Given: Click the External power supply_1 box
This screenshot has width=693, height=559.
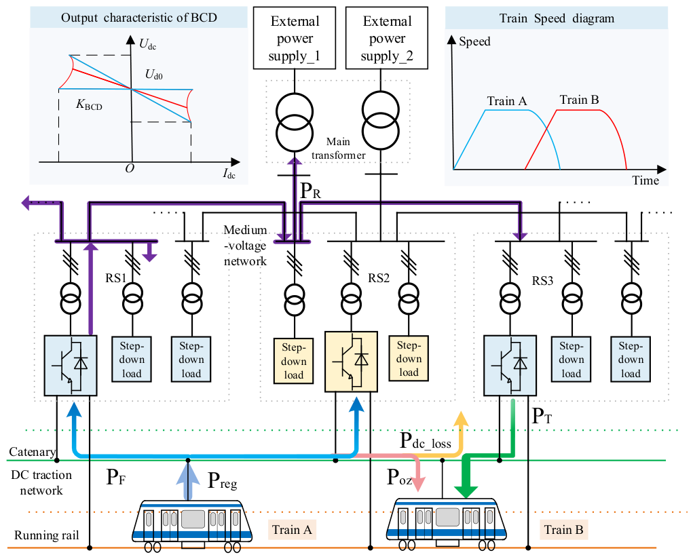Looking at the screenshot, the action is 295,38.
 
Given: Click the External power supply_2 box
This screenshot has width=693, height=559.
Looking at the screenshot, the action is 387,38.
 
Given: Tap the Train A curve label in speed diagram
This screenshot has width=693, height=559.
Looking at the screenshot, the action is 507,101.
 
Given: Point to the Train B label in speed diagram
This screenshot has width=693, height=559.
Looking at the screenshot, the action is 580,100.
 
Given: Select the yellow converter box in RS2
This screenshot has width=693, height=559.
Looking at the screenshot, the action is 352,362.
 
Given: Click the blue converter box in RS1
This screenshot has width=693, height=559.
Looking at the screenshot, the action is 71,366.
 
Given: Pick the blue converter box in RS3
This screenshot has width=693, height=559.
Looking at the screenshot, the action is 510,366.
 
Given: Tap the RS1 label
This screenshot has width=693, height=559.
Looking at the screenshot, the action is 116,278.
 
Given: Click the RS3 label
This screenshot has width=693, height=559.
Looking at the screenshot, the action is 542,281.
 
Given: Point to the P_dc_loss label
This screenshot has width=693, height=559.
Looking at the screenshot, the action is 425,441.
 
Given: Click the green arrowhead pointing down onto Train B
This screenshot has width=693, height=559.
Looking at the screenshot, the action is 466,491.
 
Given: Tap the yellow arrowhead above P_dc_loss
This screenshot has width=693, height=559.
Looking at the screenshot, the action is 461,419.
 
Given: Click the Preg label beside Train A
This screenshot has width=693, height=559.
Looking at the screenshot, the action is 223,480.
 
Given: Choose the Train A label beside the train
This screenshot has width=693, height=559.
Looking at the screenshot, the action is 292,529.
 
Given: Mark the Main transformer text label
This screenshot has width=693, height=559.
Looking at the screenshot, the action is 338,149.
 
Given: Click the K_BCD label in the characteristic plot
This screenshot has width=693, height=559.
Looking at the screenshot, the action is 90,104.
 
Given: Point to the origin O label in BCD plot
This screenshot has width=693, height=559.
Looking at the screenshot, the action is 130,168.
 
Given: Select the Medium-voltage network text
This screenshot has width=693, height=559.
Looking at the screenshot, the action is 245,246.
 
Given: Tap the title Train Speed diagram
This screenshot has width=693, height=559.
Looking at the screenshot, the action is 557,18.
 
